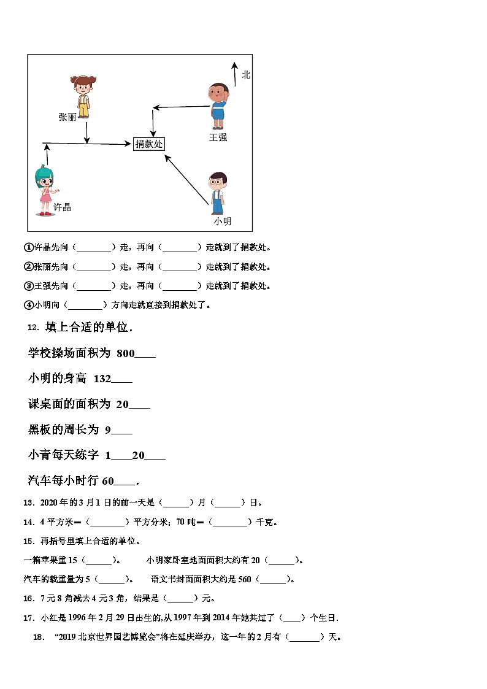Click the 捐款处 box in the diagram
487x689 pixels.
point(149,144)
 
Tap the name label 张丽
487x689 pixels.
point(67,117)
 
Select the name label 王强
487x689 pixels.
point(218,137)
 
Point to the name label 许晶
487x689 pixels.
point(63,207)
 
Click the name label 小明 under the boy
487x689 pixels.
point(222,221)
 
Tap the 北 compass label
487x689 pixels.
point(246,75)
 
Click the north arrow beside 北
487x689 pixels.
point(234,74)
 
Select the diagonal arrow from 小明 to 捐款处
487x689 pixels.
point(186,179)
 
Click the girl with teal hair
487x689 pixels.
point(45,190)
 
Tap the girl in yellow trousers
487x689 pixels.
point(82,96)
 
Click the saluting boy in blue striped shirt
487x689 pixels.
point(218,105)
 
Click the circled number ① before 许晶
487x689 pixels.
point(28,248)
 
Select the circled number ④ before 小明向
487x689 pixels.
point(28,304)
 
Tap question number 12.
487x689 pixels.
point(33,328)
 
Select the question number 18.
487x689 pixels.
point(39,637)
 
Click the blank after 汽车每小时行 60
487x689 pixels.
point(125,481)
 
